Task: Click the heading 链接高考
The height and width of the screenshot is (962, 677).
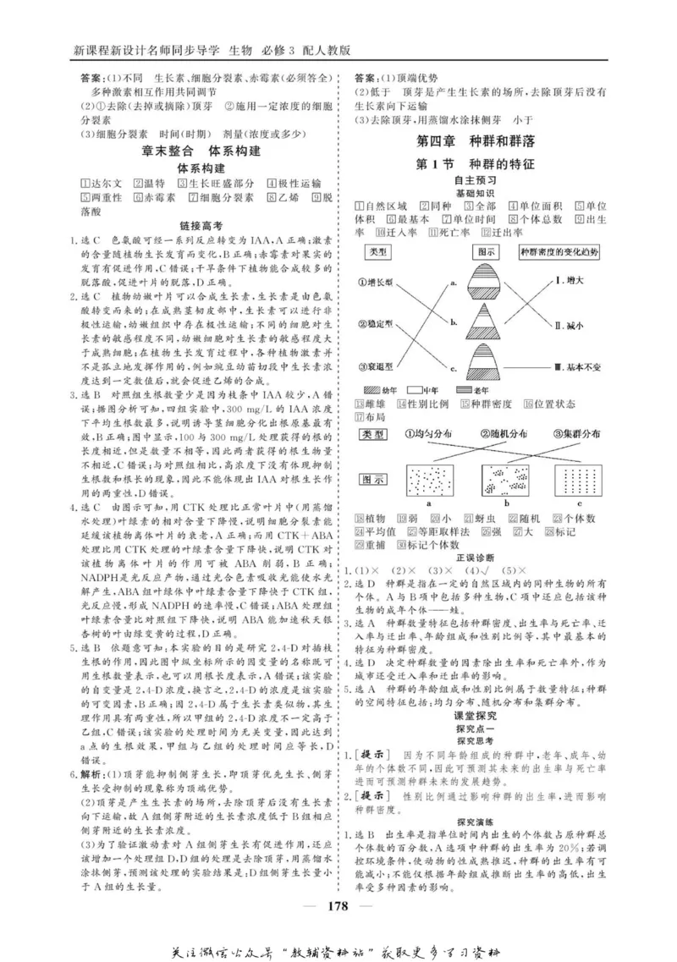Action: click(201, 226)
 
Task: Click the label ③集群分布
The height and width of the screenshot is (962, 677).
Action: click(579, 434)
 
